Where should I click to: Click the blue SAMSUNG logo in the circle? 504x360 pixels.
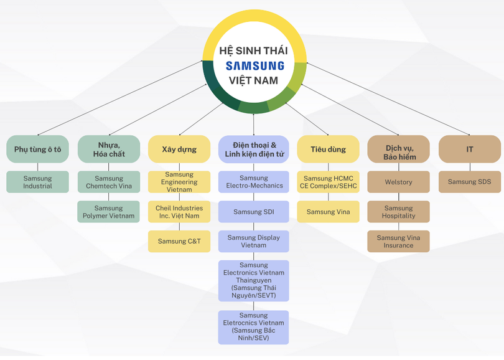tap(254, 65)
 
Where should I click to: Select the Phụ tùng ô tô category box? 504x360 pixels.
tap(37, 149)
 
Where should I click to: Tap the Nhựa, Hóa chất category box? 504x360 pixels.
tap(109, 149)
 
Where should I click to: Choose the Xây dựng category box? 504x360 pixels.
tap(179, 149)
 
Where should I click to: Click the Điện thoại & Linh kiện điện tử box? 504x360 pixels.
tap(254, 149)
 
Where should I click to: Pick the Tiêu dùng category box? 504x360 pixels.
tap(328, 149)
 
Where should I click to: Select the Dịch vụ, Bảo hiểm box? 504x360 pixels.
tap(398, 149)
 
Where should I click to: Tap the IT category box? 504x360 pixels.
tap(470, 149)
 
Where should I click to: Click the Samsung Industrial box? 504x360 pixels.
tap(37, 182)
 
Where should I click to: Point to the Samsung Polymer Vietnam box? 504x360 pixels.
tap(109, 212)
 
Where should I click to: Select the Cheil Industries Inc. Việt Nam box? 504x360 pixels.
tap(179, 212)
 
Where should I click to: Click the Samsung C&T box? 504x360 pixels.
tap(179, 241)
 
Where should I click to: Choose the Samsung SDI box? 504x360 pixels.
tap(254, 212)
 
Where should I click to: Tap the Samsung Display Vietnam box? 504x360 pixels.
tap(254, 241)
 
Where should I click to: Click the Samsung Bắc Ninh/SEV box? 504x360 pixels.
tap(254, 327)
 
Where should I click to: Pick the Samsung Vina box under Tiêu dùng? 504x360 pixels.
tap(328, 212)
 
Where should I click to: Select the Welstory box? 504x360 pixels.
tap(398, 182)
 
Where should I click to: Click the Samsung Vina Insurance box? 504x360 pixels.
tap(398, 241)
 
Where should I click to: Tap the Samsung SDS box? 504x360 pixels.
tap(470, 182)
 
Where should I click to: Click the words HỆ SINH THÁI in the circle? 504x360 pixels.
tap(254, 50)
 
